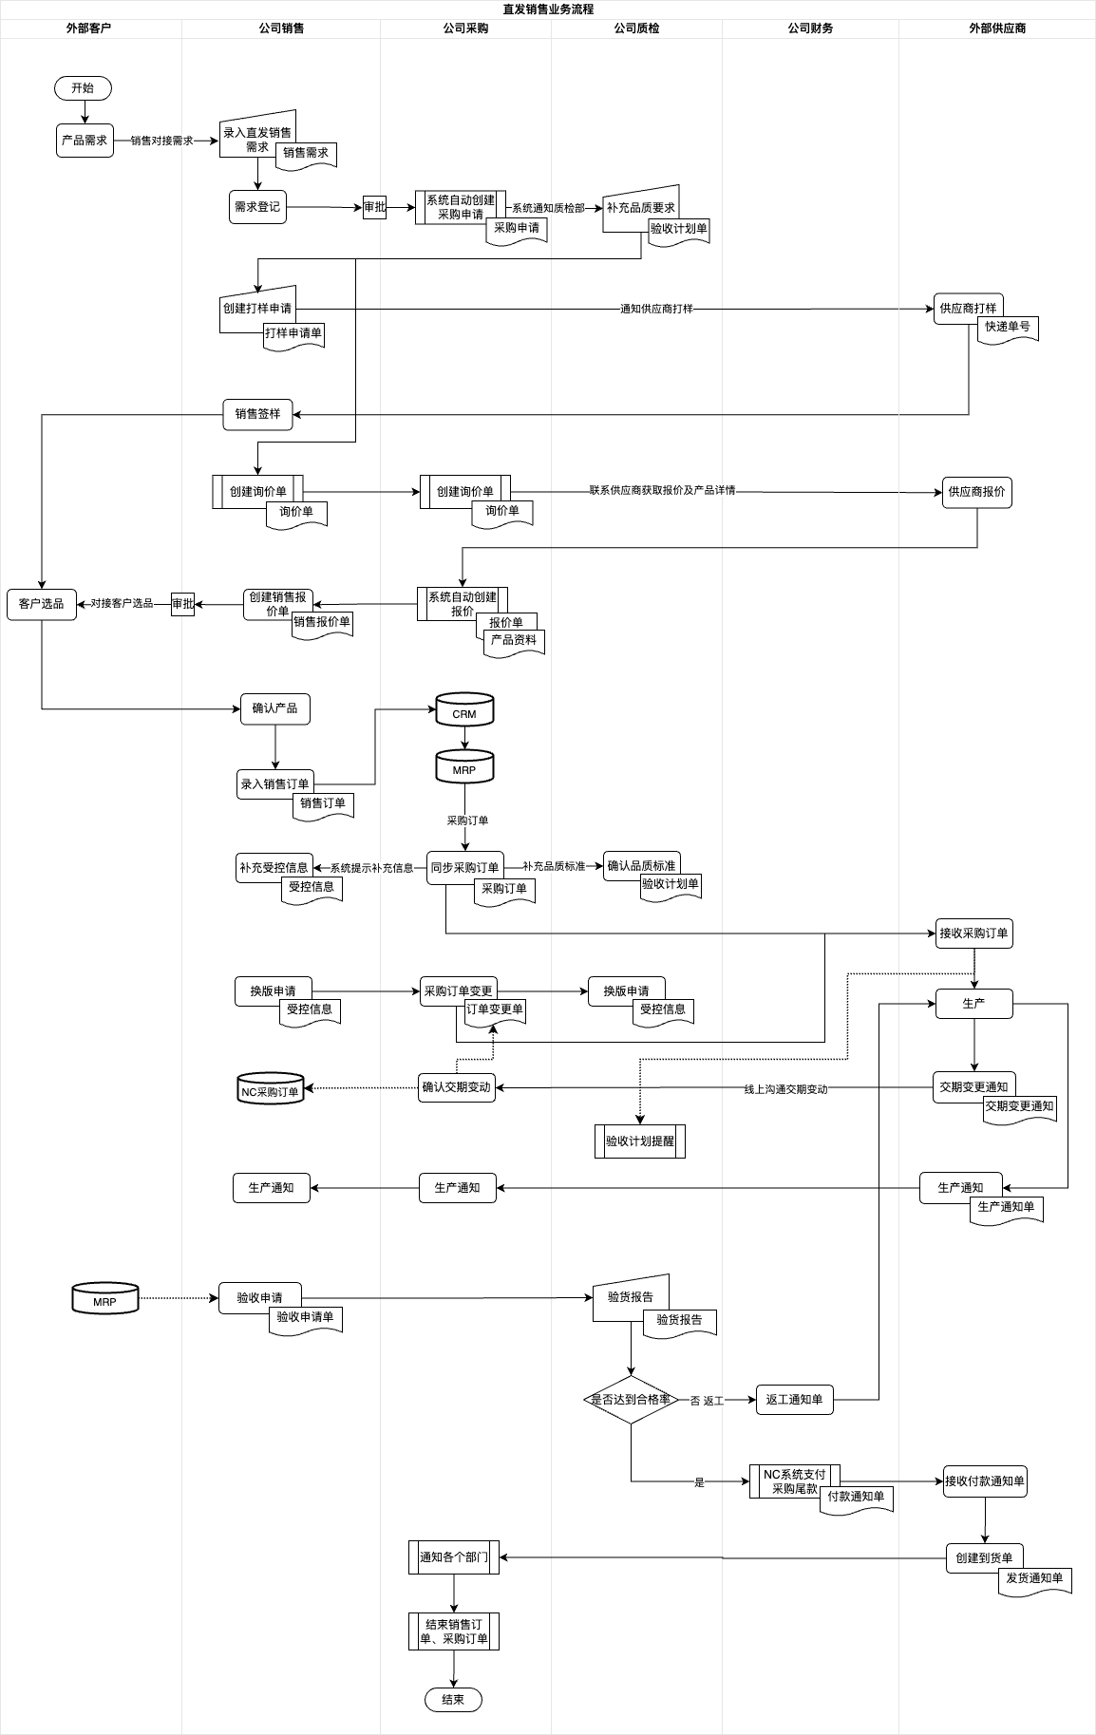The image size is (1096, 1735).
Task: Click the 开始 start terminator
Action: coord(83,88)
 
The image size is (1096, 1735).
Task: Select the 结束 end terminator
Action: coord(453,1699)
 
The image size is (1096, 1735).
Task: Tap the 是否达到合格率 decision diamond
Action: coord(631,1399)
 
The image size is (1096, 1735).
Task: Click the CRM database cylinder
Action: coord(464,710)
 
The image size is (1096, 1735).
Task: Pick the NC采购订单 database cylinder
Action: coord(270,1089)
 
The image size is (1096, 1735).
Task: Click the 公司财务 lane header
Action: coord(810,28)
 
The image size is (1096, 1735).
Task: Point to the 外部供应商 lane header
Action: coord(996,28)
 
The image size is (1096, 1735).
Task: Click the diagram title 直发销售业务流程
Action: coord(548,9)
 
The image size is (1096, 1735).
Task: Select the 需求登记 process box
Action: coord(257,206)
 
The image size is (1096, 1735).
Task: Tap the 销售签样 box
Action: coord(257,414)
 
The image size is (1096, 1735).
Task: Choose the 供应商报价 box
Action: coord(976,492)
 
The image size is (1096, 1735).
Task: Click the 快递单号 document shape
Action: coord(1008,329)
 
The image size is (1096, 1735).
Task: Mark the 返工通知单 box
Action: coord(794,1399)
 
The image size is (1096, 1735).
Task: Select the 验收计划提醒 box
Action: coord(639,1141)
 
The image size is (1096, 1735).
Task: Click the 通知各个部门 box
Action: coord(454,1556)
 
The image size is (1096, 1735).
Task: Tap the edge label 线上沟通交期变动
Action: coord(785,1089)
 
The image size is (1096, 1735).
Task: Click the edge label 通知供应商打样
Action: coord(656,309)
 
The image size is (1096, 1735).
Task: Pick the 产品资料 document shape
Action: coord(514,642)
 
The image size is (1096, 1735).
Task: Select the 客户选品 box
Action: coord(41,603)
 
